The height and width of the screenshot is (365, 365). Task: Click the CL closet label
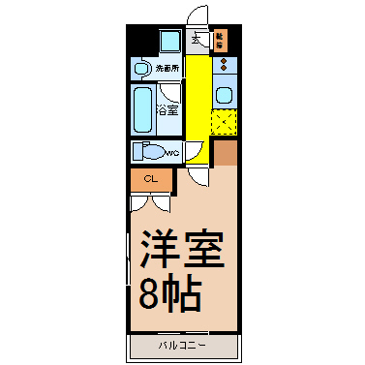pos(150,179)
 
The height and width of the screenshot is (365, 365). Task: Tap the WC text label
pos(171,153)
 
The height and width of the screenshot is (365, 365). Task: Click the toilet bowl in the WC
pos(149,153)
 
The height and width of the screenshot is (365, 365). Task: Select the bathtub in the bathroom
pos(141,110)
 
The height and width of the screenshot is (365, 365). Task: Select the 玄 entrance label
pos(198,40)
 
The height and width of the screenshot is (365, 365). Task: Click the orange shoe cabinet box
pos(220,40)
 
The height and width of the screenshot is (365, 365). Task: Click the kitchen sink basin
pos(224,95)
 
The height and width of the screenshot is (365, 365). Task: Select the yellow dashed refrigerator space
pos(224,123)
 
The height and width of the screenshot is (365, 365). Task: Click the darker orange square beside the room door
pos(225,153)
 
